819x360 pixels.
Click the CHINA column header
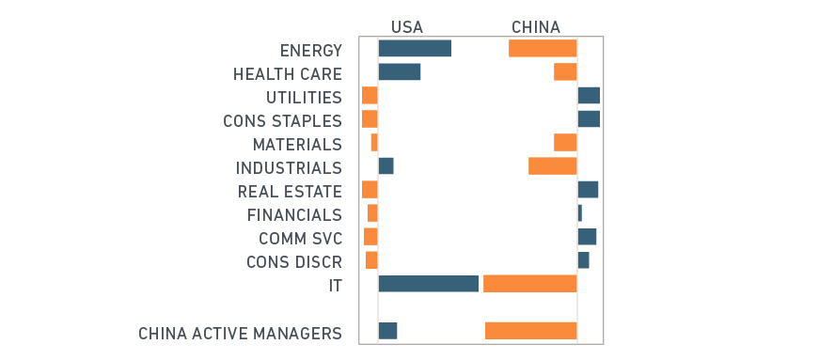coord(535,26)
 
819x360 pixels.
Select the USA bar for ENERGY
coord(415,48)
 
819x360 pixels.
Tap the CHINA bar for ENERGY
coord(543,48)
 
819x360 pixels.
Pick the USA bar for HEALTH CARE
coord(399,71)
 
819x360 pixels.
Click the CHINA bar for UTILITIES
coord(589,95)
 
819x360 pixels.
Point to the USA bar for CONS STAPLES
coord(370,119)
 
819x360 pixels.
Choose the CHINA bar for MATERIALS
coord(565,142)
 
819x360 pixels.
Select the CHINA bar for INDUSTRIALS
coord(552,166)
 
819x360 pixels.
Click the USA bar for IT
coord(429,284)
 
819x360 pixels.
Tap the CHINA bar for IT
coord(529,284)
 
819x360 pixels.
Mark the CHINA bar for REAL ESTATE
coord(588,190)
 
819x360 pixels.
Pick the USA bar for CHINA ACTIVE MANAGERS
coord(387,331)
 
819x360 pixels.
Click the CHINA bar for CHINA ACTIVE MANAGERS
coord(530,331)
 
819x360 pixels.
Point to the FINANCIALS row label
coord(294,215)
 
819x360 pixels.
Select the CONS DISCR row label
coord(293,262)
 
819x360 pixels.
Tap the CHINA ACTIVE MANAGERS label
coord(240,334)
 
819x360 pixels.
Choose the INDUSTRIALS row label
coord(289,168)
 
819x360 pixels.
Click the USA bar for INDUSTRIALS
coord(386,166)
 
